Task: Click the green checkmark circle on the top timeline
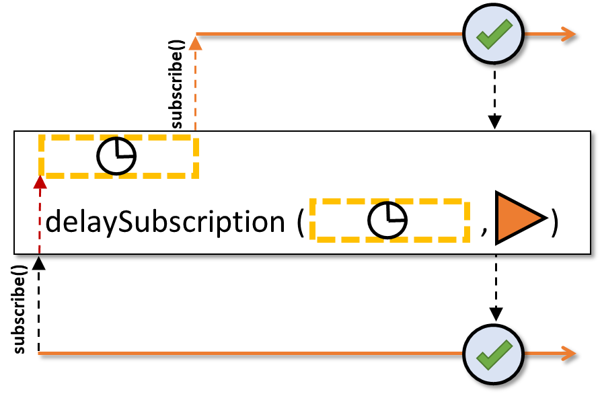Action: point(493,34)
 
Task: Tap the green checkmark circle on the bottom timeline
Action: point(493,354)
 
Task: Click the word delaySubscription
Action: point(165,222)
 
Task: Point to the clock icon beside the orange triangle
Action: point(387,221)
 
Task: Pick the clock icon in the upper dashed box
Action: point(116,156)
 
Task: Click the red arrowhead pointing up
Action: point(40,182)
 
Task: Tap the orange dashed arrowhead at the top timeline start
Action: point(196,43)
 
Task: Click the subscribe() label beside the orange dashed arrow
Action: point(177,84)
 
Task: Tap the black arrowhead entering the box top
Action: point(494,122)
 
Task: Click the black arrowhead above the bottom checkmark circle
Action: point(496,314)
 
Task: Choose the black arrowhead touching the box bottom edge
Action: point(38,263)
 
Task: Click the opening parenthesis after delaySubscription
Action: point(301,223)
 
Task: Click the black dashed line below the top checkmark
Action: point(494,92)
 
